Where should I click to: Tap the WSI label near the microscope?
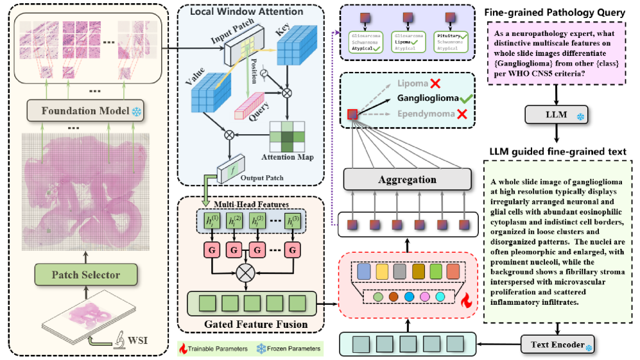pos(137,339)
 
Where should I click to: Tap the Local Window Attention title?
pos(245,12)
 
